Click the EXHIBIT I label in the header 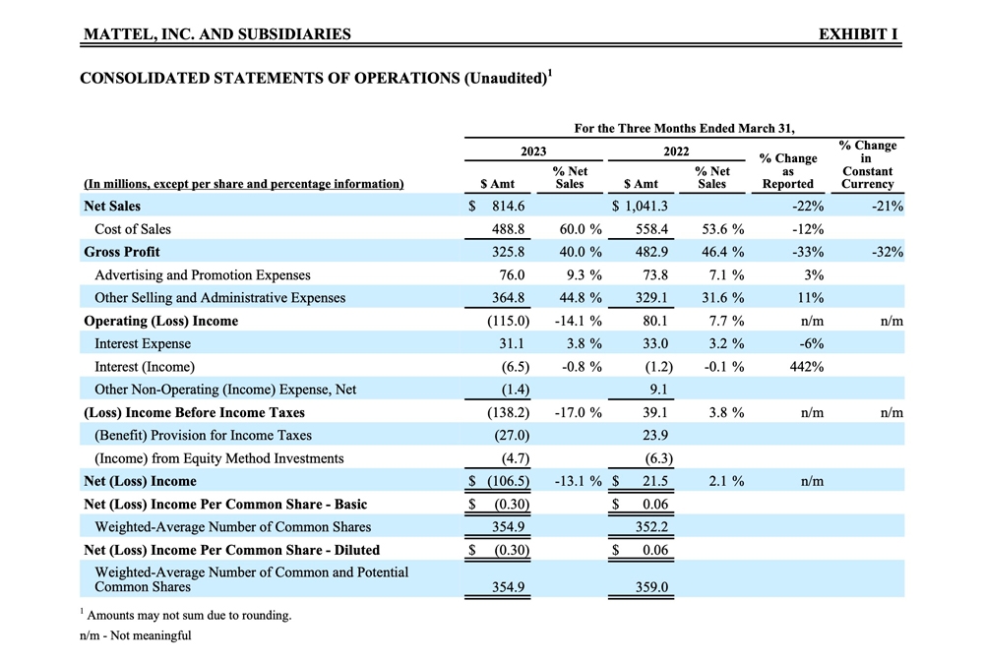point(858,34)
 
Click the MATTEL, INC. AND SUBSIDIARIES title point(217,34)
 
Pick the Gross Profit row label point(122,252)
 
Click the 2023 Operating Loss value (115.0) point(509,321)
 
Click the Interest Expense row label point(143,343)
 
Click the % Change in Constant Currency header point(867,164)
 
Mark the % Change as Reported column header point(788,171)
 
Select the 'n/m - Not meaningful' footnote point(136,635)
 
